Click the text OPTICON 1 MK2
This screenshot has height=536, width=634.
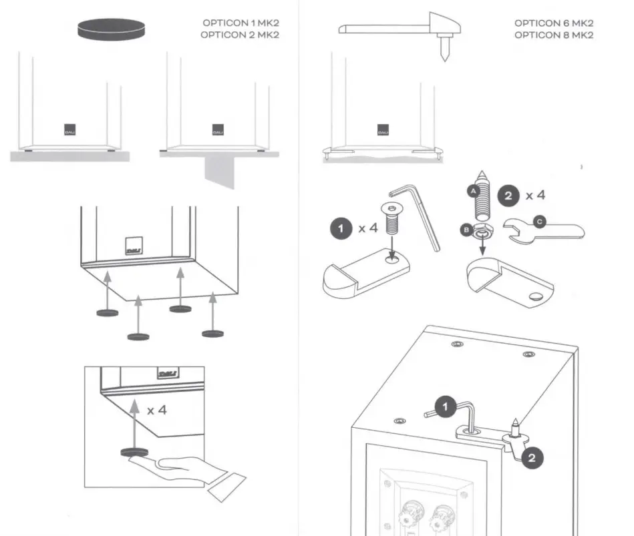pos(239,24)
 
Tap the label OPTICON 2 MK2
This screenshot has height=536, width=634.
pos(239,35)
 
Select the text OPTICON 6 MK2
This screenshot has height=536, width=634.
pos(554,24)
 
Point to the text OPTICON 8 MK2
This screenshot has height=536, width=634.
pos(554,35)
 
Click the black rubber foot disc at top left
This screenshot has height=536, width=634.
pos(111,29)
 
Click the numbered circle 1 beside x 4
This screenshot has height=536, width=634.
pos(341,228)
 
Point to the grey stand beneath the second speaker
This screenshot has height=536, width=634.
pos(220,172)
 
